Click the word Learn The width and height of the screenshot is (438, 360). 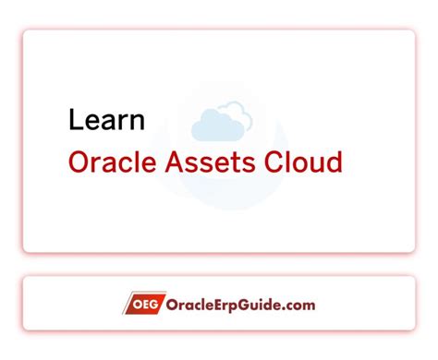tap(106, 120)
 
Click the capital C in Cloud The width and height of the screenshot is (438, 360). tap(279, 163)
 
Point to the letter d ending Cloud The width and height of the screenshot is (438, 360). tap(335, 163)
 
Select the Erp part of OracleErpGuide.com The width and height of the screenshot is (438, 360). tap(223, 305)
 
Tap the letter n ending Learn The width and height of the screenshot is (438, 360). tap(136, 120)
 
